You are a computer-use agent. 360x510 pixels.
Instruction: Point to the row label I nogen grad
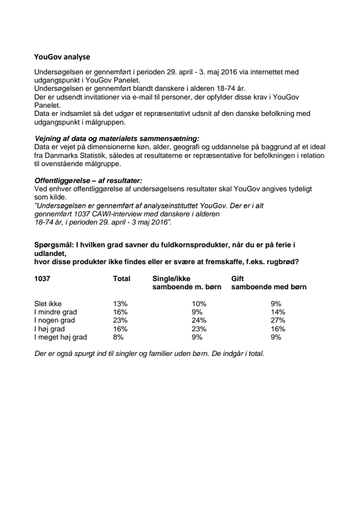click(x=55, y=320)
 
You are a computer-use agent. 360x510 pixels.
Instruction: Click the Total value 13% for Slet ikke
click(x=120, y=304)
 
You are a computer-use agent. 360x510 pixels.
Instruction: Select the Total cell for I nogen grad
click(x=120, y=320)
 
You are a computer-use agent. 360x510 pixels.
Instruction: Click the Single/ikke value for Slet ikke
click(x=199, y=304)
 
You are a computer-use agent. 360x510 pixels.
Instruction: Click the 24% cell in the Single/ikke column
click(x=199, y=320)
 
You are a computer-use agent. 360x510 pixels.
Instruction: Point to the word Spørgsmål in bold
click(x=54, y=245)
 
